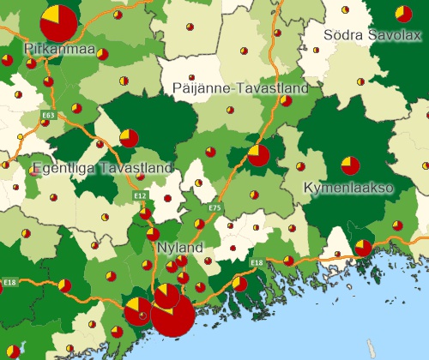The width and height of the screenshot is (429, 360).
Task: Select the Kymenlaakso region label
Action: (x=348, y=187)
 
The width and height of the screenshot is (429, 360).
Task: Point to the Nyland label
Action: (x=180, y=248)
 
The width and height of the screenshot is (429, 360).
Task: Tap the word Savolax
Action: (x=395, y=35)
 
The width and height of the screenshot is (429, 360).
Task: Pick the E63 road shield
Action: (x=48, y=115)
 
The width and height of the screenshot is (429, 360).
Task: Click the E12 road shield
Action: (x=140, y=196)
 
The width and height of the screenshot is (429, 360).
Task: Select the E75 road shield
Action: (x=214, y=207)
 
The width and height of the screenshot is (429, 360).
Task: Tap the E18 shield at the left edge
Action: (x=9, y=282)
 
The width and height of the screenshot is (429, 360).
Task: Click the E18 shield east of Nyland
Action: (x=257, y=261)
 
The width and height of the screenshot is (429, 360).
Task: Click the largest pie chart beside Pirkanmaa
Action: (x=59, y=21)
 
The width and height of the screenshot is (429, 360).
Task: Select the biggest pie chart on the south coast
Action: (x=172, y=315)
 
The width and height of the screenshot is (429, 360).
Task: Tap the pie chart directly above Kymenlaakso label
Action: (x=350, y=165)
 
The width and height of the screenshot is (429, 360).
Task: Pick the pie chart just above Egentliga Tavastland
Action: (x=129, y=138)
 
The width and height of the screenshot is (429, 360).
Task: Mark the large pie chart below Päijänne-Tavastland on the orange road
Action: (x=258, y=155)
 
